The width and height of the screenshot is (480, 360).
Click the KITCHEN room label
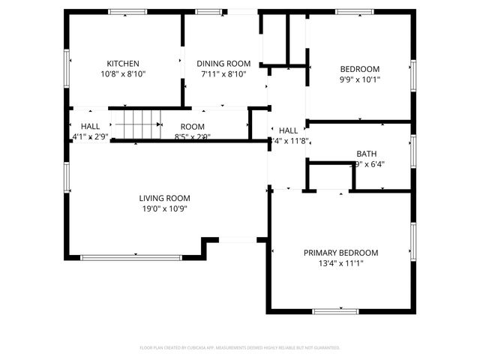click(122, 64)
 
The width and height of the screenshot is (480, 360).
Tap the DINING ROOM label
click(223, 64)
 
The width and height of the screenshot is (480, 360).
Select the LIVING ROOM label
click(163, 198)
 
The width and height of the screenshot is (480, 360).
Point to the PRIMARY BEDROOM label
click(340, 253)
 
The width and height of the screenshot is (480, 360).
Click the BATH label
click(366, 154)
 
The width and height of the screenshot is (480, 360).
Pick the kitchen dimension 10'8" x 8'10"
click(122, 74)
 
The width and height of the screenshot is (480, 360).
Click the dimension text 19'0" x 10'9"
click(163, 208)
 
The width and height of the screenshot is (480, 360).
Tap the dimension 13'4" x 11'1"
click(340, 263)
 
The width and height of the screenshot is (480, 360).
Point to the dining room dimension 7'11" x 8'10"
click(223, 74)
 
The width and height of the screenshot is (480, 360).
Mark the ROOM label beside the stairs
click(192, 127)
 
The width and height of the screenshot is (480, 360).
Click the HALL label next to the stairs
click(90, 127)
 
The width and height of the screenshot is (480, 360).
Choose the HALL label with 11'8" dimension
click(288, 130)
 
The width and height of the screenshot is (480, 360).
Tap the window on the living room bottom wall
click(130, 258)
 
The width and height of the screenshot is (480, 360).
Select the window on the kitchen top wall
click(127, 11)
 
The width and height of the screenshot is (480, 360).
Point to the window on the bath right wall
click(412, 150)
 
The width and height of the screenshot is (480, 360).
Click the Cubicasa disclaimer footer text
click(240, 348)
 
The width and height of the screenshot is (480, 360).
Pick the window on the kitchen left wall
click(67, 67)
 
